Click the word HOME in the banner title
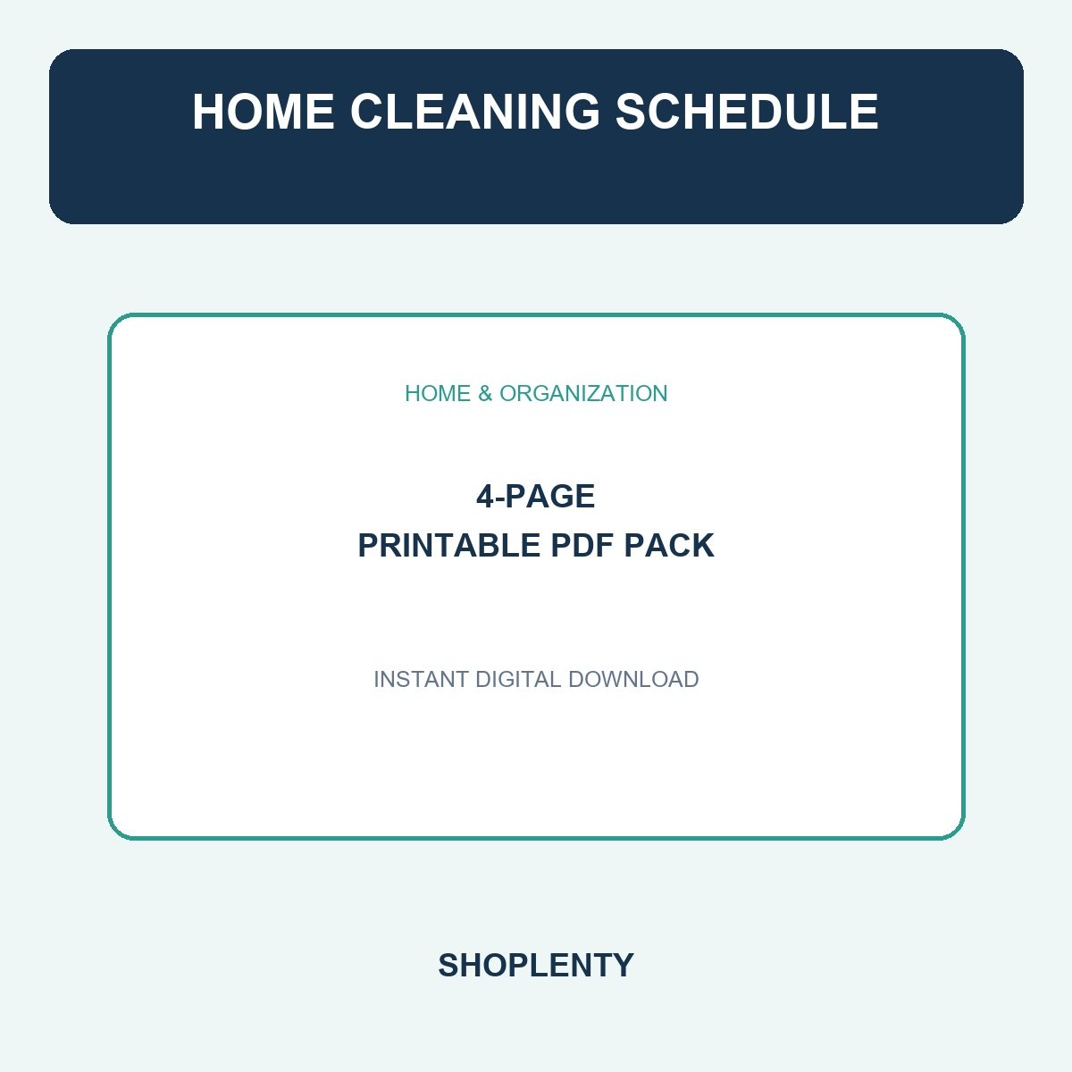tap(264, 112)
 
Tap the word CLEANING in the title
tap(475, 112)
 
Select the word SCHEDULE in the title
tap(747, 112)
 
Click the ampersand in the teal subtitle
tap(485, 393)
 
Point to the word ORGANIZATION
tap(583, 393)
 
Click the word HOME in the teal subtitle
tap(438, 393)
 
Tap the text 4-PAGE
tap(536, 496)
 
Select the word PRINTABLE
tap(448, 545)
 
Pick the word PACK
tap(669, 545)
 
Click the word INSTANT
tap(421, 679)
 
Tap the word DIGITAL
tap(518, 679)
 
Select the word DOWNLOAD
tap(633, 679)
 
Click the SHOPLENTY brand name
tap(536, 965)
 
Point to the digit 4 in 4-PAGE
tap(485, 496)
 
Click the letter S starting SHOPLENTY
tap(448, 965)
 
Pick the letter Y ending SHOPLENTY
tap(623, 965)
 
